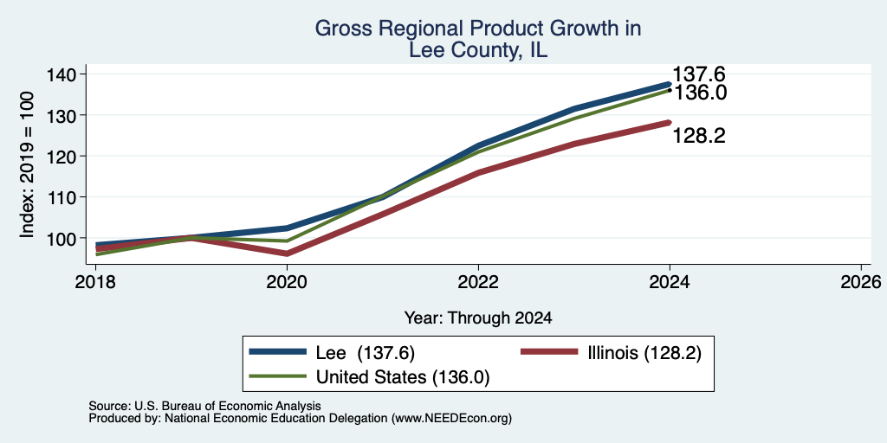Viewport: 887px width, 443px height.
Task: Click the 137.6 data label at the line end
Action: point(698,74)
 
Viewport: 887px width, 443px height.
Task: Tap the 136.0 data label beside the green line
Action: point(699,93)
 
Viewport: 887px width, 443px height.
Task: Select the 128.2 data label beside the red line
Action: point(699,136)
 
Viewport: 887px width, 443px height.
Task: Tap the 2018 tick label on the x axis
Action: point(95,281)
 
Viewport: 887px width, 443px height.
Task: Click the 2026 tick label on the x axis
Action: point(861,281)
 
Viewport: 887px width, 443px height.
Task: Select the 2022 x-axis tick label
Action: point(478,281)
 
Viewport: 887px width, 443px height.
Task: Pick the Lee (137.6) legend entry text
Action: point(366,353)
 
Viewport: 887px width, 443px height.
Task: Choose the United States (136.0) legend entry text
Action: point(402,377)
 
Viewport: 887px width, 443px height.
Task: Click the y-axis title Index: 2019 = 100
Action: point(27,164)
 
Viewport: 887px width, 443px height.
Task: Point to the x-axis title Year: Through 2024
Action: point(478,318)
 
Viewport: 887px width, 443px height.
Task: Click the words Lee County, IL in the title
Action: point(478,51)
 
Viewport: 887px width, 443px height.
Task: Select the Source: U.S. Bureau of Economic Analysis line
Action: point(204,406)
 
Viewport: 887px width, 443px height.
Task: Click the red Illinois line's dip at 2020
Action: point(287,254)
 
